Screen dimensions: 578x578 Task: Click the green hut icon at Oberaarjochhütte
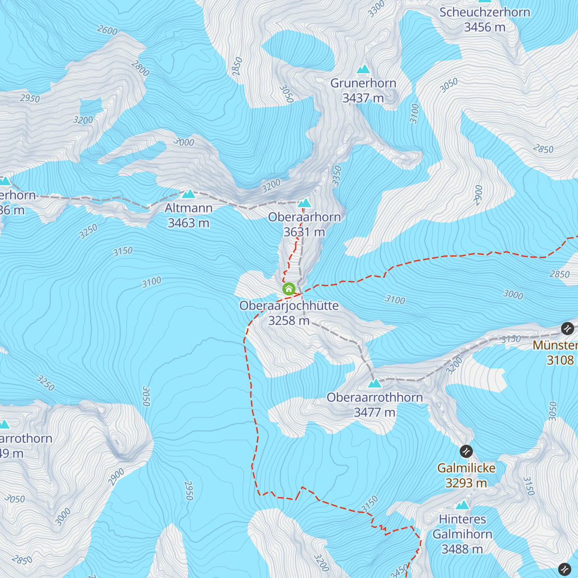289,289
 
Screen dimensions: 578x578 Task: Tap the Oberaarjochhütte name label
289,306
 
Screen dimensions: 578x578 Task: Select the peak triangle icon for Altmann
188,194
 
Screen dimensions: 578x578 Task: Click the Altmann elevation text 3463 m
188,223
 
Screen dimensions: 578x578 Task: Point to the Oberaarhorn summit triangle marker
304,203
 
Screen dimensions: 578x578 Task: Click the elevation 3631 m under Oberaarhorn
304,232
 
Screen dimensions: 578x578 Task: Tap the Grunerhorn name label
363,83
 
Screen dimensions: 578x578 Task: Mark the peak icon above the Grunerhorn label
363,69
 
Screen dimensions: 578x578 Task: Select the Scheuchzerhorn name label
485,13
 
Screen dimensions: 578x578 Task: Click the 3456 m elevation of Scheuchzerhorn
485,27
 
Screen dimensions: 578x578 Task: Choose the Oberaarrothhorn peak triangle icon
374,383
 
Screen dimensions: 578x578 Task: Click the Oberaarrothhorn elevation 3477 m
374,412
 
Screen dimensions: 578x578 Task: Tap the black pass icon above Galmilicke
466,451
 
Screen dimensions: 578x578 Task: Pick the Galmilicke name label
466,468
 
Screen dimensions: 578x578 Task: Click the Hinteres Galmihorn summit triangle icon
462,505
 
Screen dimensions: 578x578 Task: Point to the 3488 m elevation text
462,549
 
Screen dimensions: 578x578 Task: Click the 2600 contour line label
107,30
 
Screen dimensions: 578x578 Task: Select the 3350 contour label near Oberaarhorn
337,176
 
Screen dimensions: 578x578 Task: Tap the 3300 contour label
377,9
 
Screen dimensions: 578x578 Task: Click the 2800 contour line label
140,68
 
